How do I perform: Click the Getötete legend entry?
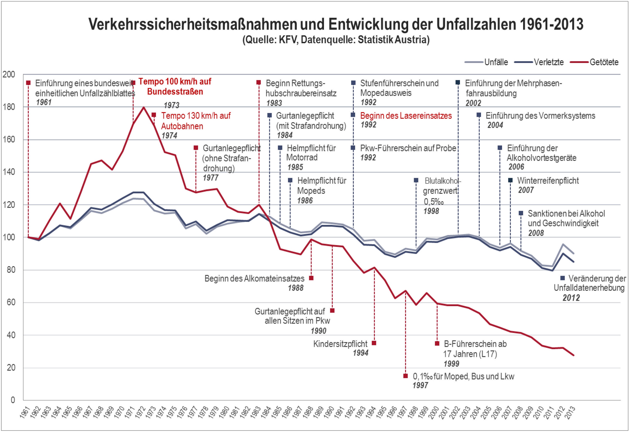click(604, 62)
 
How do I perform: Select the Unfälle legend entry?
click(496, 62)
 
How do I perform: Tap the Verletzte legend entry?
click(548, 62)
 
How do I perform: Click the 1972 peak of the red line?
click(143, 107)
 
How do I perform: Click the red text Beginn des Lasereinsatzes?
click(406, 116)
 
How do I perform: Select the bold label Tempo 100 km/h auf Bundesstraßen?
click(175, 86)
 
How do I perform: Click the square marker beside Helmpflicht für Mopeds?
click(290, 180)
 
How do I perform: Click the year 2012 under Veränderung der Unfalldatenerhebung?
click(571, 298)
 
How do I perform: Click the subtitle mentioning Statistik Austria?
click(336, 40)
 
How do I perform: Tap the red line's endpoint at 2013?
click(574, 355)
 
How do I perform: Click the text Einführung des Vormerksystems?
click(540, 116)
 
